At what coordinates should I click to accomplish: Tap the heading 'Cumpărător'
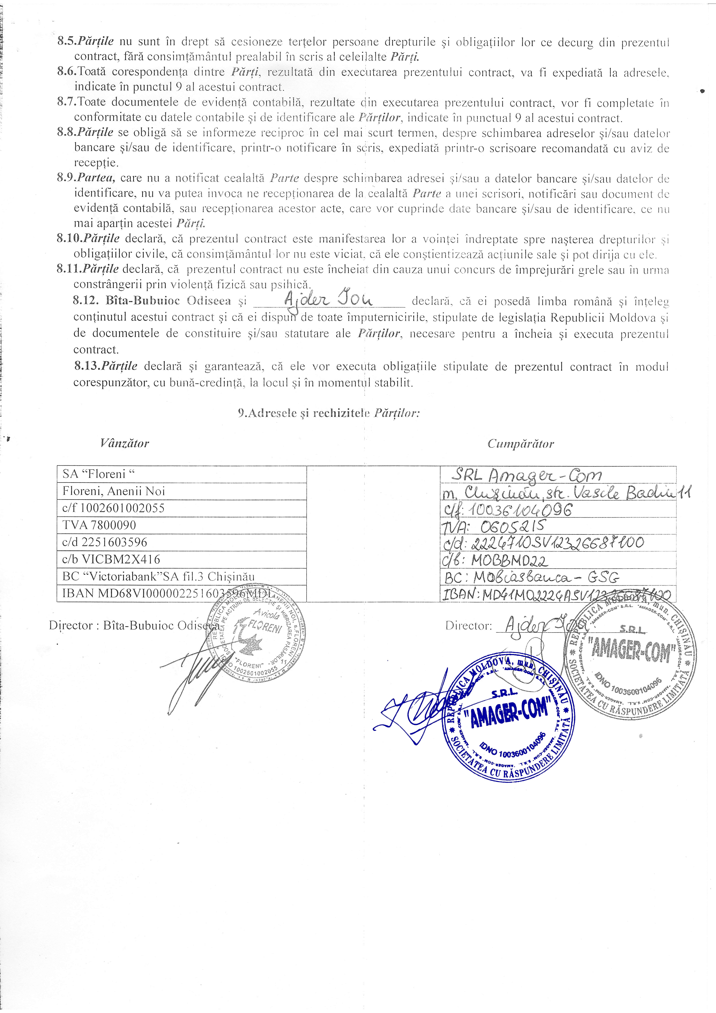521,444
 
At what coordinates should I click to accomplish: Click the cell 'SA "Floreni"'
181,474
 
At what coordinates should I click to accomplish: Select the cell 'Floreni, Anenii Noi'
181,491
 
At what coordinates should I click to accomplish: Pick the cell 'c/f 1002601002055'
181,508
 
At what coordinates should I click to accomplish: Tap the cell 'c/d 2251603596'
181,542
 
